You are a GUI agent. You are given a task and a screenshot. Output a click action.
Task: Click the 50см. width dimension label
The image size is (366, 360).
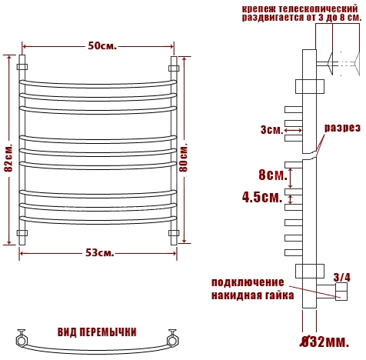pos(102,46)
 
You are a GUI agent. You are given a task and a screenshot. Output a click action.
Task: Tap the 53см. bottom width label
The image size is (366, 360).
pos(99,253)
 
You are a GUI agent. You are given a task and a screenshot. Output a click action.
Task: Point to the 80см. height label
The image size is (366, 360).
pos(184,157)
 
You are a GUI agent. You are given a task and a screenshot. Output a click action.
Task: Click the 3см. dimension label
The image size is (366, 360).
pos(271,130)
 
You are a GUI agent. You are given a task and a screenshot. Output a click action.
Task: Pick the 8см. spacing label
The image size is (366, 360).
pos(273,175)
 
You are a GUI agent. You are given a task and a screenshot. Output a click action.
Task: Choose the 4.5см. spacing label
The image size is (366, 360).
pos(262,197)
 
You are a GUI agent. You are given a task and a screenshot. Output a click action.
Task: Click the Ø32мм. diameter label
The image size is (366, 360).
pos(324,342)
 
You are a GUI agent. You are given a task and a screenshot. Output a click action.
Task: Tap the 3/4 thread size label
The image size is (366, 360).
pos(341,277)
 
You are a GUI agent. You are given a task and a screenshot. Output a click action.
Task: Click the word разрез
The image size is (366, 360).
pos(342,128)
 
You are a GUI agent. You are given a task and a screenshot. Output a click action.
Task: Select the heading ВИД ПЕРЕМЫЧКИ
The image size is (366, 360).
pos(97,332)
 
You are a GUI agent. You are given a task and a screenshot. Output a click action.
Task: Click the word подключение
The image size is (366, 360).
pos(248,282)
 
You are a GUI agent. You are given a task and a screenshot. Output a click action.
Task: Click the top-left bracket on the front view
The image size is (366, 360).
pos(22,67)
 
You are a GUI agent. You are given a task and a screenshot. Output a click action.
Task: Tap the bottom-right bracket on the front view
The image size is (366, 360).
pos(174,233)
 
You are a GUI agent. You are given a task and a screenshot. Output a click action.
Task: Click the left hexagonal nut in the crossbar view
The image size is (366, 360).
pos(20,340)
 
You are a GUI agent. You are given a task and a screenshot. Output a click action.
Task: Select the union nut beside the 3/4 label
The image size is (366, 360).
pos(342,292)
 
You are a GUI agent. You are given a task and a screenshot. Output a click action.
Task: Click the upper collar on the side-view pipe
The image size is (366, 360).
pos(310,86)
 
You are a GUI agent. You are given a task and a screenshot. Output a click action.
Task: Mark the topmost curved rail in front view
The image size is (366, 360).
pos(98,85)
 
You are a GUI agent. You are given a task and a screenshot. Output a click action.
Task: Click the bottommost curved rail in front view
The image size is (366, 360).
pos(98,221)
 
